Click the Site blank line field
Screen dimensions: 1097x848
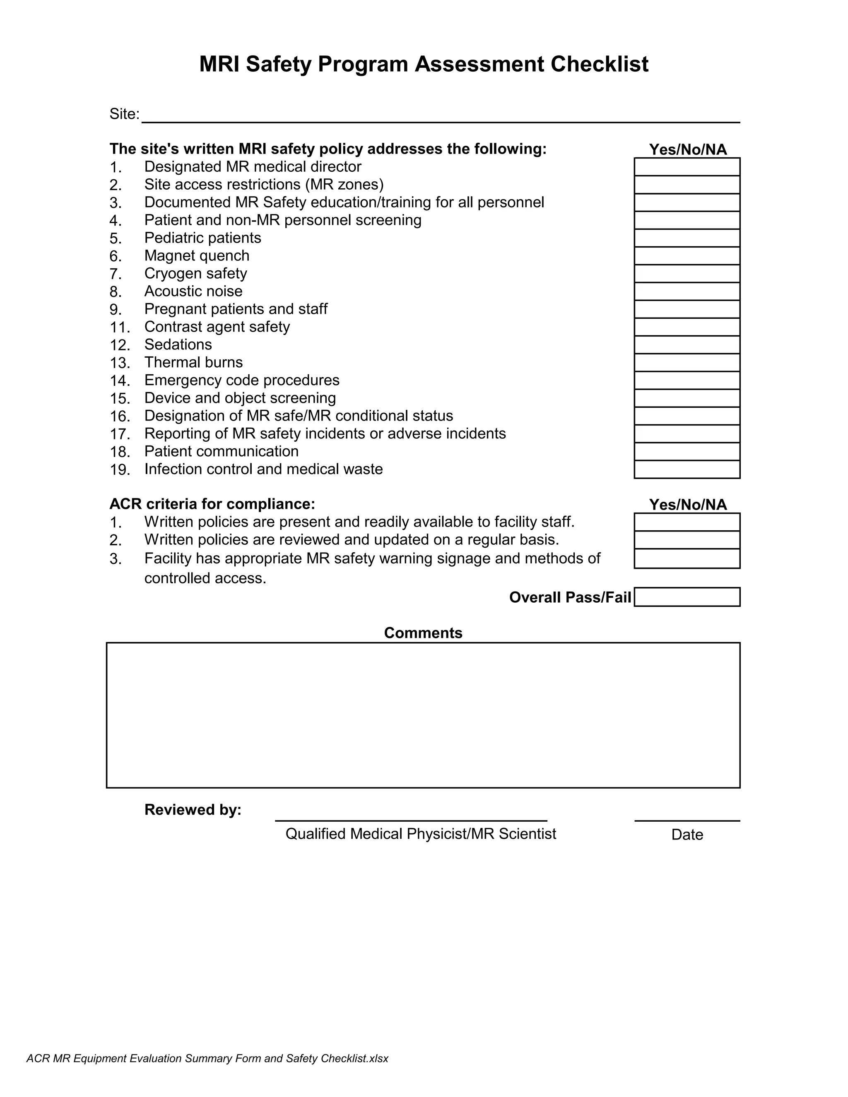click(x=440, y=115)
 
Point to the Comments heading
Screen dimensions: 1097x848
click(x=423, y=633)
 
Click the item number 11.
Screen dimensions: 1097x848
click(x=120, y=327)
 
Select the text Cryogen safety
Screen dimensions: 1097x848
click(x=195, y=273)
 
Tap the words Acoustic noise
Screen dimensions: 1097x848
click(x=193, y=291)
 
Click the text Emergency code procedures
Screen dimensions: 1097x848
click(x=242, y=380)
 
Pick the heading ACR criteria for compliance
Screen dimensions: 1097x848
click(x=212, y=504)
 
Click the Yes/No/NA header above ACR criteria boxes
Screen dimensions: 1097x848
click(x=687, y=504)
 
